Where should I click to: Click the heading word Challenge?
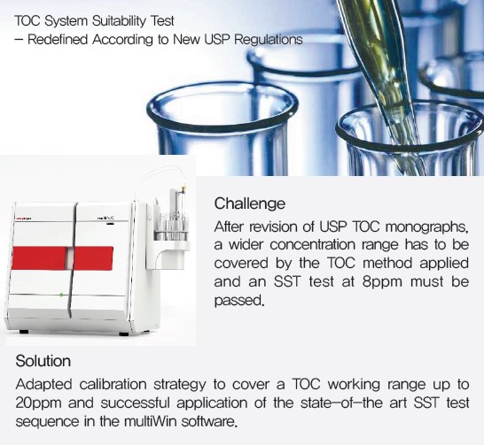click(x=250, y=203)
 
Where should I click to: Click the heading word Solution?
click(x=43, y=361)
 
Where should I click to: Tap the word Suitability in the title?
click(x=119, y=21)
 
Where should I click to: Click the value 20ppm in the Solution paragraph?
click(x=39, y=403)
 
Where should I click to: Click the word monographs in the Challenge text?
click(x=427, y=227)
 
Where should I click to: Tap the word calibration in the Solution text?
click(x=113, y=385)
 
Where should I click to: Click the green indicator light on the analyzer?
click(x=61, y=295)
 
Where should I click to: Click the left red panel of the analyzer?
click(x=40, y=258)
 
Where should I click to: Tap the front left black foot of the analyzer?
click(x=24, y=332)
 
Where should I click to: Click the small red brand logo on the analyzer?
click(x=23, y=219)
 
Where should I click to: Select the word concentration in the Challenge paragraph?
click(x=311, y=245)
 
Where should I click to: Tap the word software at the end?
click(x=209, y=422)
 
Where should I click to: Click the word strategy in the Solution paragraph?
click(x=179, y=385)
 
